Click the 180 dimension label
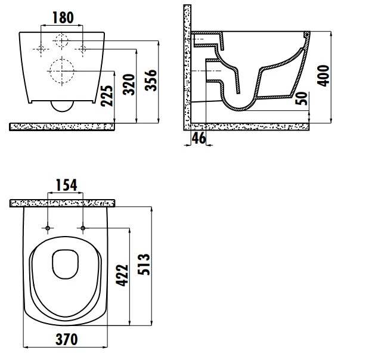[63, 17]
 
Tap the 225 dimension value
[107, 95]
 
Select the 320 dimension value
[129, 85]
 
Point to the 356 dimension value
[151, 80]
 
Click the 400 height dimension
[323, 76]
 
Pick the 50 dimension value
[301, 98]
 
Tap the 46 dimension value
[199, 138]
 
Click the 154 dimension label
[66, 185]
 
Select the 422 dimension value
[122, 275]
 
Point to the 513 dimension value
[144, 264]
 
